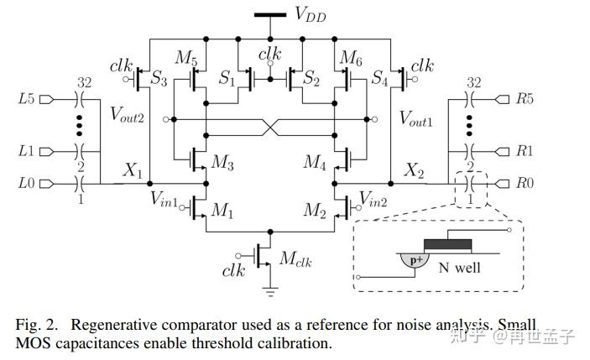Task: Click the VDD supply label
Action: coord(311,13)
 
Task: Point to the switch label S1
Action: coord(227,78)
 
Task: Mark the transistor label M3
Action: coord(222,161)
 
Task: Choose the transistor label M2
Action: coord(315,210)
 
